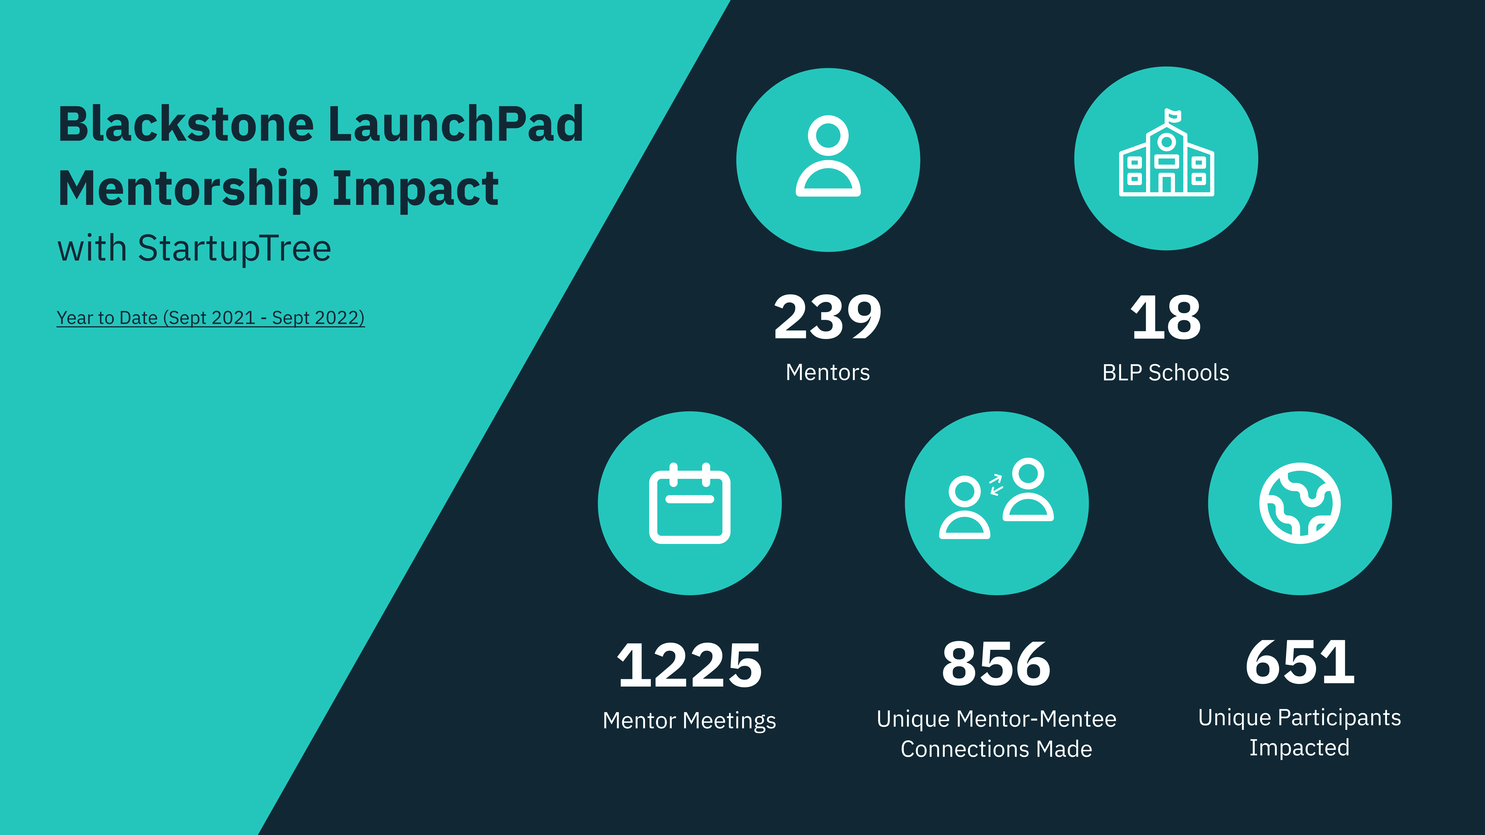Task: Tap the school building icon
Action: [x=1166, y=152]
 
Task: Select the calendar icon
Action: [x=690, y=503]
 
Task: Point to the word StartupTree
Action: [x=235, y=248]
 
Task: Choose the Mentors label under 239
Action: [x=828, y=372]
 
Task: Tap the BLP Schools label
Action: [x=1166, y=373]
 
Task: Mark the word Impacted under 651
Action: [x=1299, y=747]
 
